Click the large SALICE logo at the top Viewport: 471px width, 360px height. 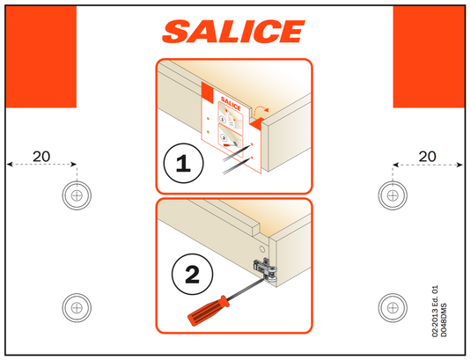[233, 33]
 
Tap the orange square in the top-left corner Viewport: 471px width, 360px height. [41, 55]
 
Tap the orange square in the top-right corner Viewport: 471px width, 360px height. [428, 55]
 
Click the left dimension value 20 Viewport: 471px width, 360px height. [41, 156]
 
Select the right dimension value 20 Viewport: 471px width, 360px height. [428, 156]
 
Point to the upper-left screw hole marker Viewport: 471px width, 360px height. [77, 194]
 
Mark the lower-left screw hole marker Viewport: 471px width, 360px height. [77, 306]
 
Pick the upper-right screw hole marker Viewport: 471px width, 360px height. [392, 194]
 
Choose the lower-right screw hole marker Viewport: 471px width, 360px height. [392, 306]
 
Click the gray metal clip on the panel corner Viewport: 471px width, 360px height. [264, 268]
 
